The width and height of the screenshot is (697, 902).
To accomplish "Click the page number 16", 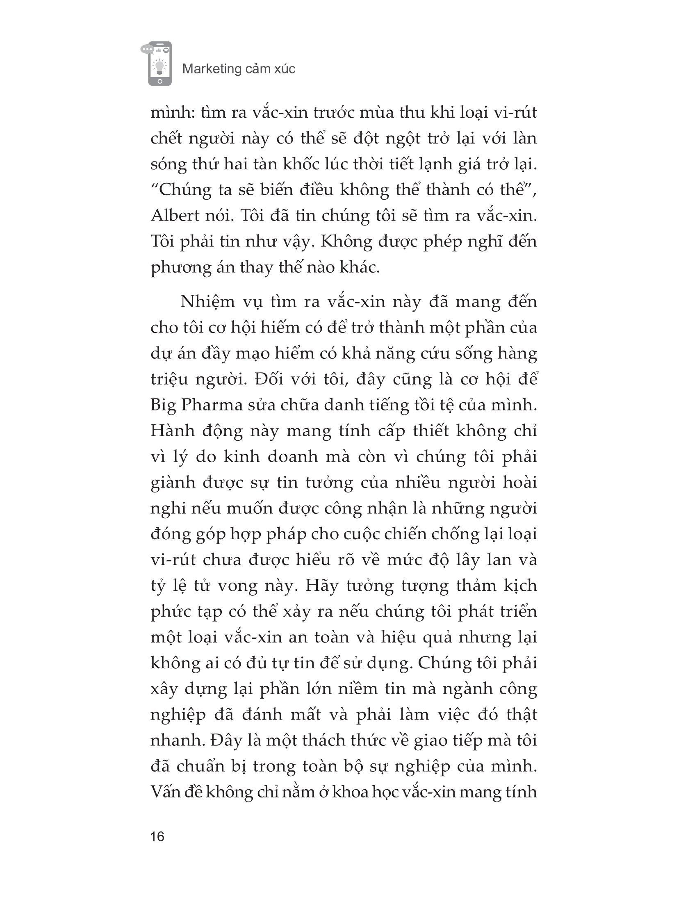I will (158, 837).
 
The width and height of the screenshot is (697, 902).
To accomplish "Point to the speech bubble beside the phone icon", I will (147, 49).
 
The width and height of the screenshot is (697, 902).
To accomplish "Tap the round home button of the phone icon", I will (159, 81).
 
